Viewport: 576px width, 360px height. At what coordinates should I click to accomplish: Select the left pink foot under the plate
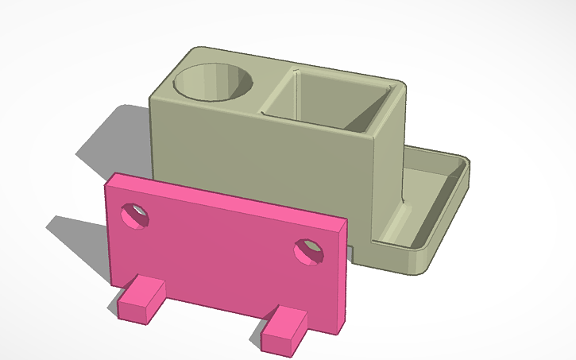[x=140, y=300]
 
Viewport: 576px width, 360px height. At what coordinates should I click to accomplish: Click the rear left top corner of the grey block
[x=191, y=52]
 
